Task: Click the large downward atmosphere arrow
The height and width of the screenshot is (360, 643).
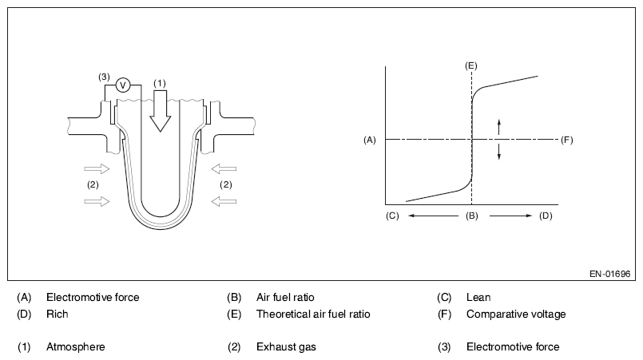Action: pos(160,110)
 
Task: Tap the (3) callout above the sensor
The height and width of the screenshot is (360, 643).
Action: pos(104,77)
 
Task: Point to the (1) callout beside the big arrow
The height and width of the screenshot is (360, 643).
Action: pos(159,82)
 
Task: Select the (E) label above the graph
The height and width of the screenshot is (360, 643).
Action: pos(471,63)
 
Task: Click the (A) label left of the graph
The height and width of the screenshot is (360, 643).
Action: pos(369,140)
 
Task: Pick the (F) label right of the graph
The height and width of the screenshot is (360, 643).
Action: pos(567,140)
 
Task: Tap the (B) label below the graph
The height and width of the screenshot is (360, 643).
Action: pos(471,216)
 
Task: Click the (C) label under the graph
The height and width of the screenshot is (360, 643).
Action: pos(391,216)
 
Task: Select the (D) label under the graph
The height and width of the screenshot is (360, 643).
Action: pos(546,216)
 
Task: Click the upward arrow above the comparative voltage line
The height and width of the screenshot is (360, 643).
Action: pos(499,126)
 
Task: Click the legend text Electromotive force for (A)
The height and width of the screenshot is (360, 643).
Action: pos(93,297)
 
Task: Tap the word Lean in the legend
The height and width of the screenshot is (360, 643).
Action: pos(478,297)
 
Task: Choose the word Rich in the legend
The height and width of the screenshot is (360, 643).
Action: pos(58,314)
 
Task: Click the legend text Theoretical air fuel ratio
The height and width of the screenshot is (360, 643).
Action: pos(313,314)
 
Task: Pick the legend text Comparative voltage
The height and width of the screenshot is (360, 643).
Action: pos(516,314)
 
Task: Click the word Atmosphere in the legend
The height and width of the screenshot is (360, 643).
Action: pos(76,346)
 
